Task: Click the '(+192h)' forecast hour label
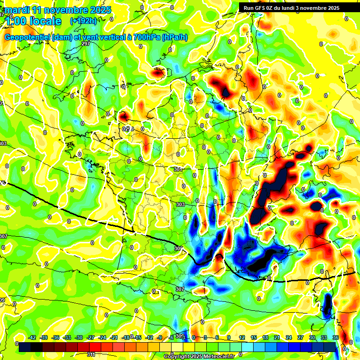pos(83,21)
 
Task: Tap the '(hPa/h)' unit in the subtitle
pos(174,37)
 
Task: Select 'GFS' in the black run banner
pos(259,8)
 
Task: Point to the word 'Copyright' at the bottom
pos(177,357)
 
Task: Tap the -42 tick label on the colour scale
pos(32,338)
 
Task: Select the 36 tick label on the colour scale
pos(336,338)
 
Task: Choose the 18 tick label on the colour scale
pos(265,338)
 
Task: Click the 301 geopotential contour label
pos(178,170)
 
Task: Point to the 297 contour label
pos(85,44)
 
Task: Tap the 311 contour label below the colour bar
pos(92,354)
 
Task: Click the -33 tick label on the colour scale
pos(67,338)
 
